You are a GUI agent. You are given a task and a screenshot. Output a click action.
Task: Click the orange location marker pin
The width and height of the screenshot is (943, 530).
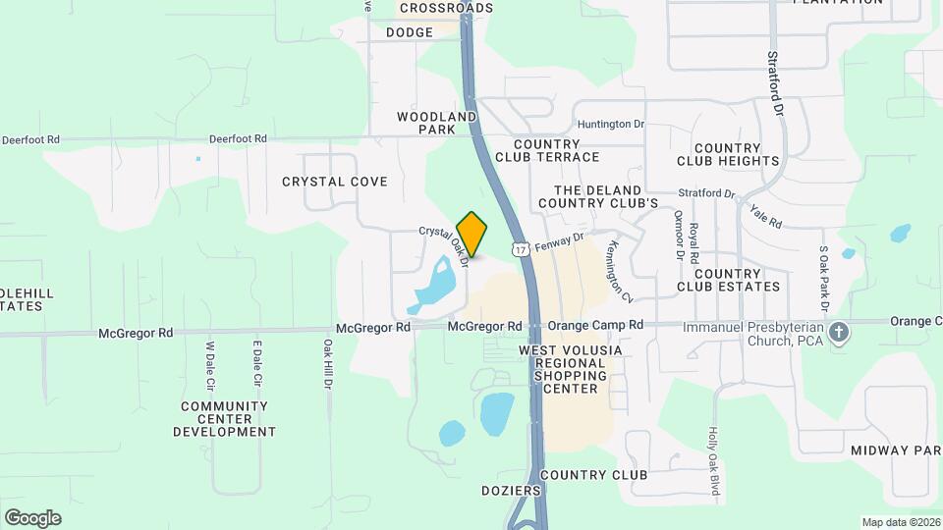click(472, 234)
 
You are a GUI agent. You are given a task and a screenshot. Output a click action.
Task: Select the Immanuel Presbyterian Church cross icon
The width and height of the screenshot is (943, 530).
click(838, 332)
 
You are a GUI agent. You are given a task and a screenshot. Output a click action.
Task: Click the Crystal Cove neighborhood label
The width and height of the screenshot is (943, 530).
click(335, 182)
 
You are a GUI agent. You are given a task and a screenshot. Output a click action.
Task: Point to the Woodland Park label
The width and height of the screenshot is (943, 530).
click(437, 123)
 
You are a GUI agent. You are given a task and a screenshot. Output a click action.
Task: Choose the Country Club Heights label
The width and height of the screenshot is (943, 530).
click(728, 154)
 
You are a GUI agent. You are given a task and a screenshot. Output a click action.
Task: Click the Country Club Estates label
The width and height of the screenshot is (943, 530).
click(728, 280)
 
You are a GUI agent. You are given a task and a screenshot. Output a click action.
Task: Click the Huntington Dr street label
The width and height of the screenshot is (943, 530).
click(611, 125)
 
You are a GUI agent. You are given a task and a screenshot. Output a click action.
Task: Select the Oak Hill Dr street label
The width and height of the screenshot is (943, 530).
click(328, 362)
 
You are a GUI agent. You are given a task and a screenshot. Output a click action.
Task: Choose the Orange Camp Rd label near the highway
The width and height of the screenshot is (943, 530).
click(595, 325)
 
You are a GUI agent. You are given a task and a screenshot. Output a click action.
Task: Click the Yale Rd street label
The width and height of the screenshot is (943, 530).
click(764, 216)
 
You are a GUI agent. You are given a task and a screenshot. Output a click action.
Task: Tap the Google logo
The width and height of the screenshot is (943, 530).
click(32, 518)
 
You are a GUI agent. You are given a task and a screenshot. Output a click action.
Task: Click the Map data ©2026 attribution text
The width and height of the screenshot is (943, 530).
click(899, 522)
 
